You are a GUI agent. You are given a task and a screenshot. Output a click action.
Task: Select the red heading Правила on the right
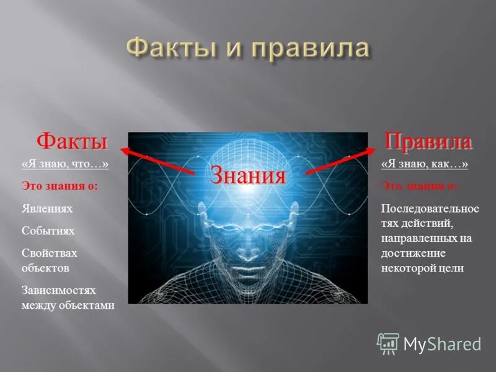click(x=427, y=141)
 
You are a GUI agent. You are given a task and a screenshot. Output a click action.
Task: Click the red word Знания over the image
click(x=248, y=175)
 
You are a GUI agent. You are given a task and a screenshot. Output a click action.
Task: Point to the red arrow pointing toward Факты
click(x=158, y=159)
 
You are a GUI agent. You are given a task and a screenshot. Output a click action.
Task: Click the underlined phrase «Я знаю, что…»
click(x=65, y=164)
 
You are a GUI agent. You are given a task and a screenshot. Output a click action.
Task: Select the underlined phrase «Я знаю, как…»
click(x=425, y=164)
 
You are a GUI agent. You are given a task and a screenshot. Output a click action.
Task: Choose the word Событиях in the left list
click(x=48, y=231)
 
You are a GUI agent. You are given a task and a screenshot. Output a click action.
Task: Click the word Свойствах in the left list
click(x=50, y=254)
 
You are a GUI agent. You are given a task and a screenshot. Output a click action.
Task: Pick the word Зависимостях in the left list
click(x=59, y=291)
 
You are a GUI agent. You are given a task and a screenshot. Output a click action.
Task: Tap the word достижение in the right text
click(x=414, y=254)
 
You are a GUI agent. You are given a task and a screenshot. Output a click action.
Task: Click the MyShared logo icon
click(x=388, y=343)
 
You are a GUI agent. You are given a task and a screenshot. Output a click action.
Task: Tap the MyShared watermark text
click(x=442, y=343)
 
